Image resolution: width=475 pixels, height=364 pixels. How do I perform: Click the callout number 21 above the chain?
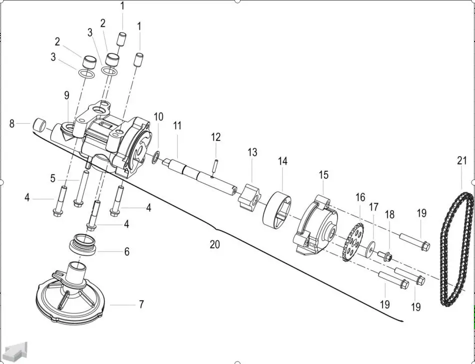click(x=462, y=161)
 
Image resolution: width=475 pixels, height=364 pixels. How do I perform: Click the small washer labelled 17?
click(x=370, y=248)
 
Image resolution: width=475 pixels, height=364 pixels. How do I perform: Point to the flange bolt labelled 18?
click(x=385, y=256)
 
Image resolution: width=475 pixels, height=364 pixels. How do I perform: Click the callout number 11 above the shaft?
click(x=177, y=126)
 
